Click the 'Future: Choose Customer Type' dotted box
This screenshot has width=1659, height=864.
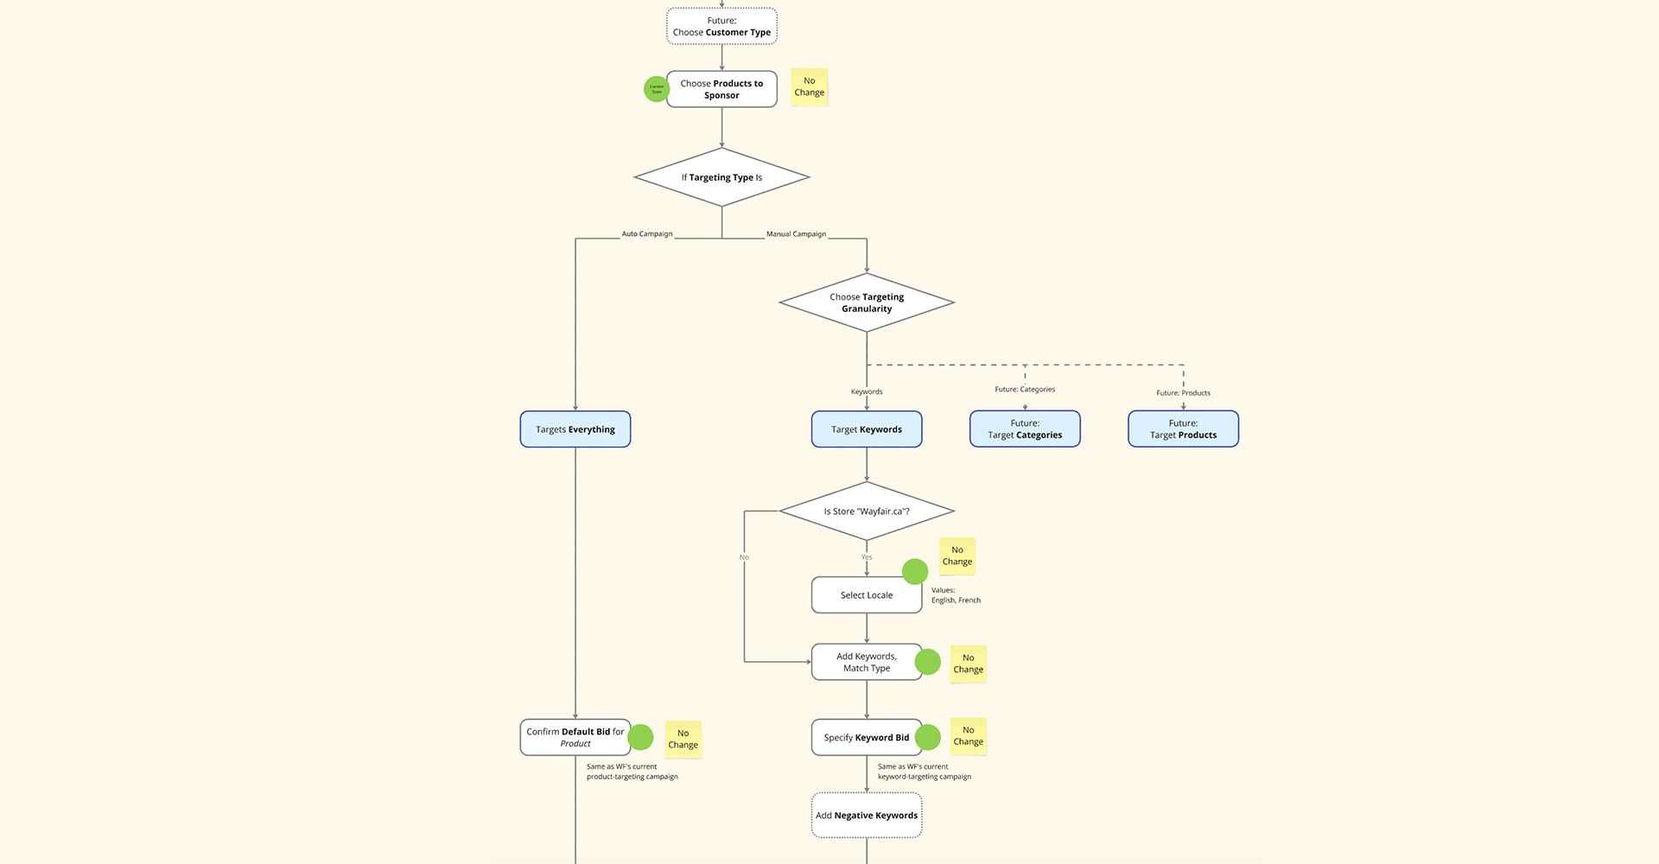point(721,27)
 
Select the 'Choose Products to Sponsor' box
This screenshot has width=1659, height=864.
point(721,90)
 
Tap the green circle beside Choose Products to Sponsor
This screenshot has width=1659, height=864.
point(657,89)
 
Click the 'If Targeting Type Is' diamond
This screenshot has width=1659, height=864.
point(721,178)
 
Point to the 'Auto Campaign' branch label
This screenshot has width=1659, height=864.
point(647,234)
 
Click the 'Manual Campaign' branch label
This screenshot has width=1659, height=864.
point(796,234)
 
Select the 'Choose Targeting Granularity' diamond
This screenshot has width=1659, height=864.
point(867,303)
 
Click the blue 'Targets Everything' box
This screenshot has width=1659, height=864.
point(575,429)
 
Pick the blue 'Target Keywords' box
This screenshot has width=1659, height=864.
point(867,429)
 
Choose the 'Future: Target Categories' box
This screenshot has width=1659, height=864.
point(1025,429)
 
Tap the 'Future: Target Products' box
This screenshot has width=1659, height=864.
point(1183,429)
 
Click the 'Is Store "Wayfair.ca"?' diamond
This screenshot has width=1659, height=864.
point(867,511)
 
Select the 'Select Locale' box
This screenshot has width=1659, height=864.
point(867,595)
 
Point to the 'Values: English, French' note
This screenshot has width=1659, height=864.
point(956,595)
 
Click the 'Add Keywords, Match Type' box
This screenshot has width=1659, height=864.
point(867,663)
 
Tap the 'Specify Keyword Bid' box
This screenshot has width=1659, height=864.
point(867,738)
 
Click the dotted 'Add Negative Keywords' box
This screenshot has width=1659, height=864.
point(867,816)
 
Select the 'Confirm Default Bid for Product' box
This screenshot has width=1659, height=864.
point(575,738)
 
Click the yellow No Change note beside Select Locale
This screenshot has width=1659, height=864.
point(957,556)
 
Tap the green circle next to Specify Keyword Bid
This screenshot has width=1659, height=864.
point(927,737)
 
